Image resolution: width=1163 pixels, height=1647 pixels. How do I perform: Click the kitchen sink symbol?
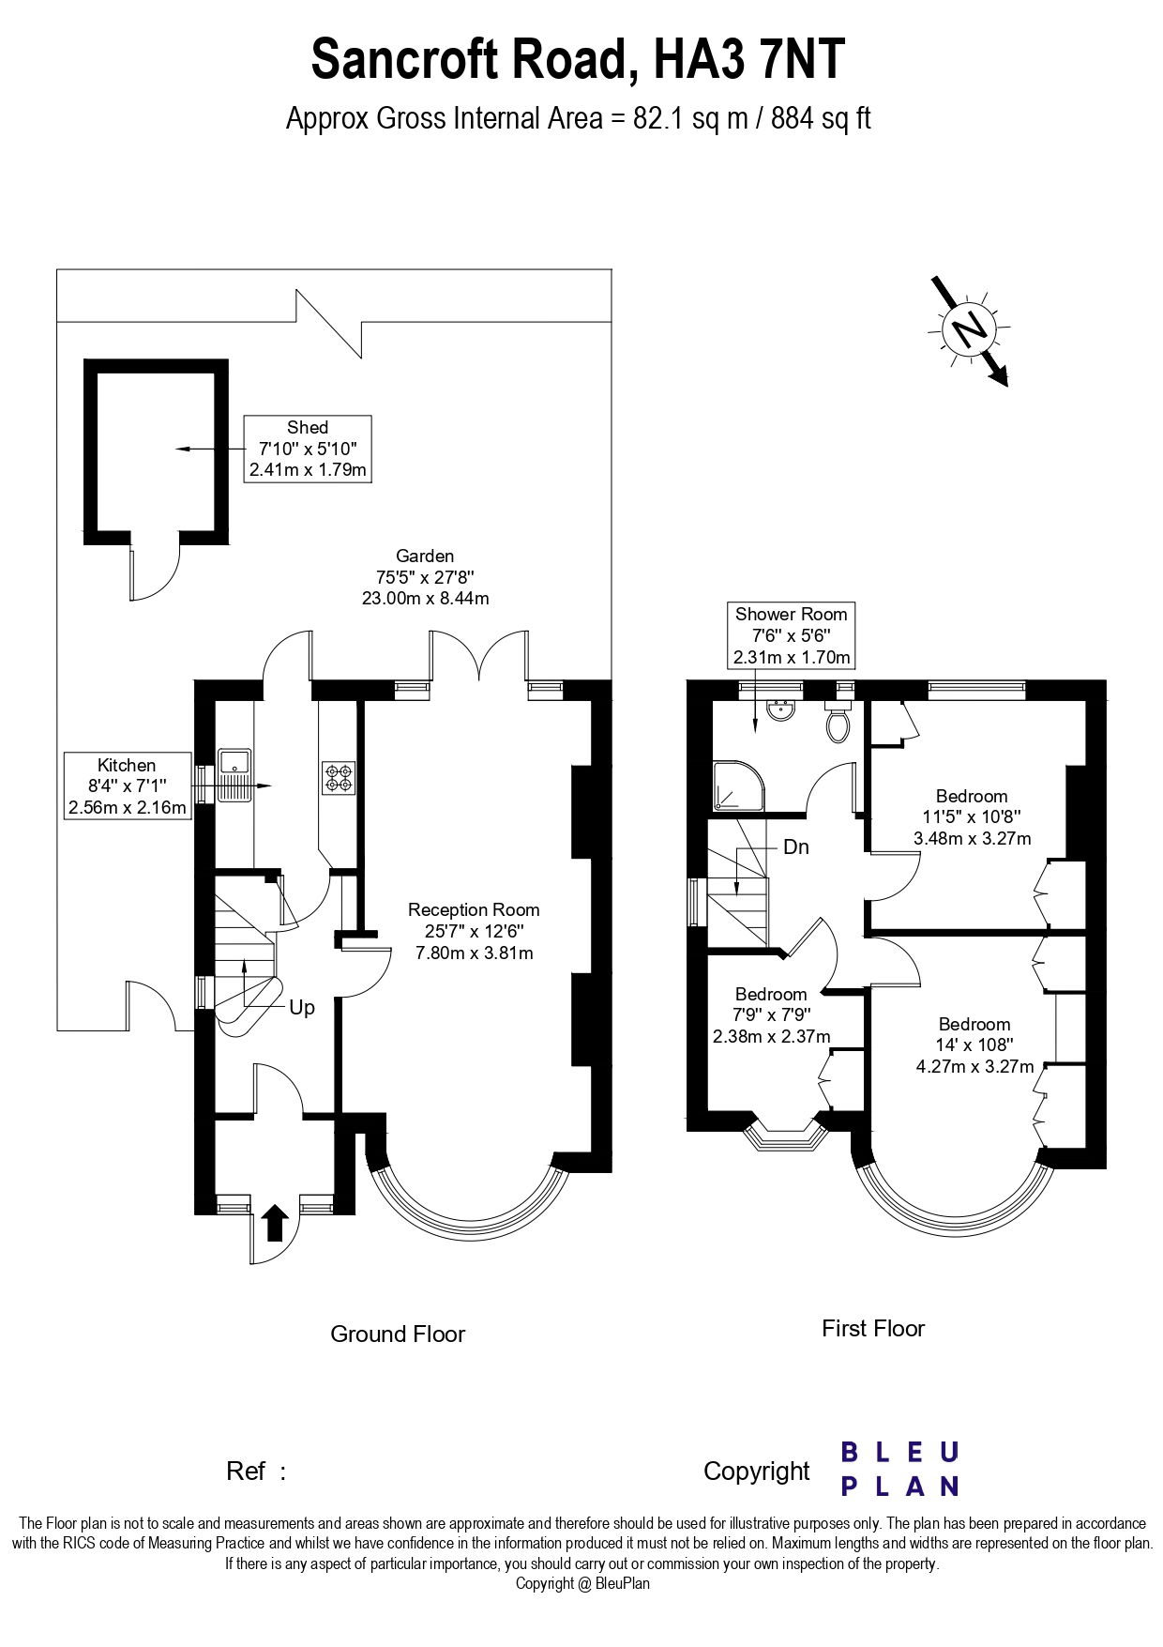point(234,775)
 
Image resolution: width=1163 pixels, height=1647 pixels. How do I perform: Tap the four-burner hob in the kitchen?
point(339,778)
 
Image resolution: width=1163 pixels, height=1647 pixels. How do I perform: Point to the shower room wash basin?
point(781,709)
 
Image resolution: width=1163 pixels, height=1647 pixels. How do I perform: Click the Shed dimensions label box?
point(308,449)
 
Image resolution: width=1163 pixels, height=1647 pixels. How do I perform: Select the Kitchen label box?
point(128,786)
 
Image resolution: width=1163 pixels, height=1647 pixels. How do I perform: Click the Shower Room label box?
point(791,635)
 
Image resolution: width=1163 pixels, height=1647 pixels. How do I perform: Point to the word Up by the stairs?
point(302,1008)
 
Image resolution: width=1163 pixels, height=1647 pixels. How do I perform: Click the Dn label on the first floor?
point(796,847)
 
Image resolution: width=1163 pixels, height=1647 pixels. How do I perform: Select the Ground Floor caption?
point(398,1334)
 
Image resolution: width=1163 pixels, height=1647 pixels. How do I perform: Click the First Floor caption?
point(873,1329)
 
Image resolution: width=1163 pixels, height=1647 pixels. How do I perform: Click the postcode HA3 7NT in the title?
point(749,59)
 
